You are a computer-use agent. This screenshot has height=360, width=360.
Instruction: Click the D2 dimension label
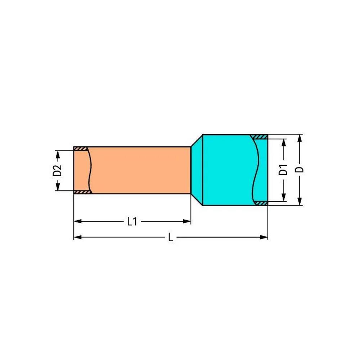(x=57, y=170)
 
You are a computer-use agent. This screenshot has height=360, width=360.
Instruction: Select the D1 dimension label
(x=283, y=170)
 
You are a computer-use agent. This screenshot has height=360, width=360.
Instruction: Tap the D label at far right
(x=300, y=170)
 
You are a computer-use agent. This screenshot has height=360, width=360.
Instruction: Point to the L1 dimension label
(x=132, y=221)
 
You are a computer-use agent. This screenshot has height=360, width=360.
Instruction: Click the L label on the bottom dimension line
(x=170, y=237)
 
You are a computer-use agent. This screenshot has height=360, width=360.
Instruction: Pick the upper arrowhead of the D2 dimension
(x=58, y=154)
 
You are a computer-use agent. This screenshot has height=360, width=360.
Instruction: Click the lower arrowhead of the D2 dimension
(x=58, y=187)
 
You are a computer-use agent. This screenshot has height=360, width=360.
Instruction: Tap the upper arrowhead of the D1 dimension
(x=284, y=143)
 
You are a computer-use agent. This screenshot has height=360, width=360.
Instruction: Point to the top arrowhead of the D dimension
(x=300, y=139)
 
